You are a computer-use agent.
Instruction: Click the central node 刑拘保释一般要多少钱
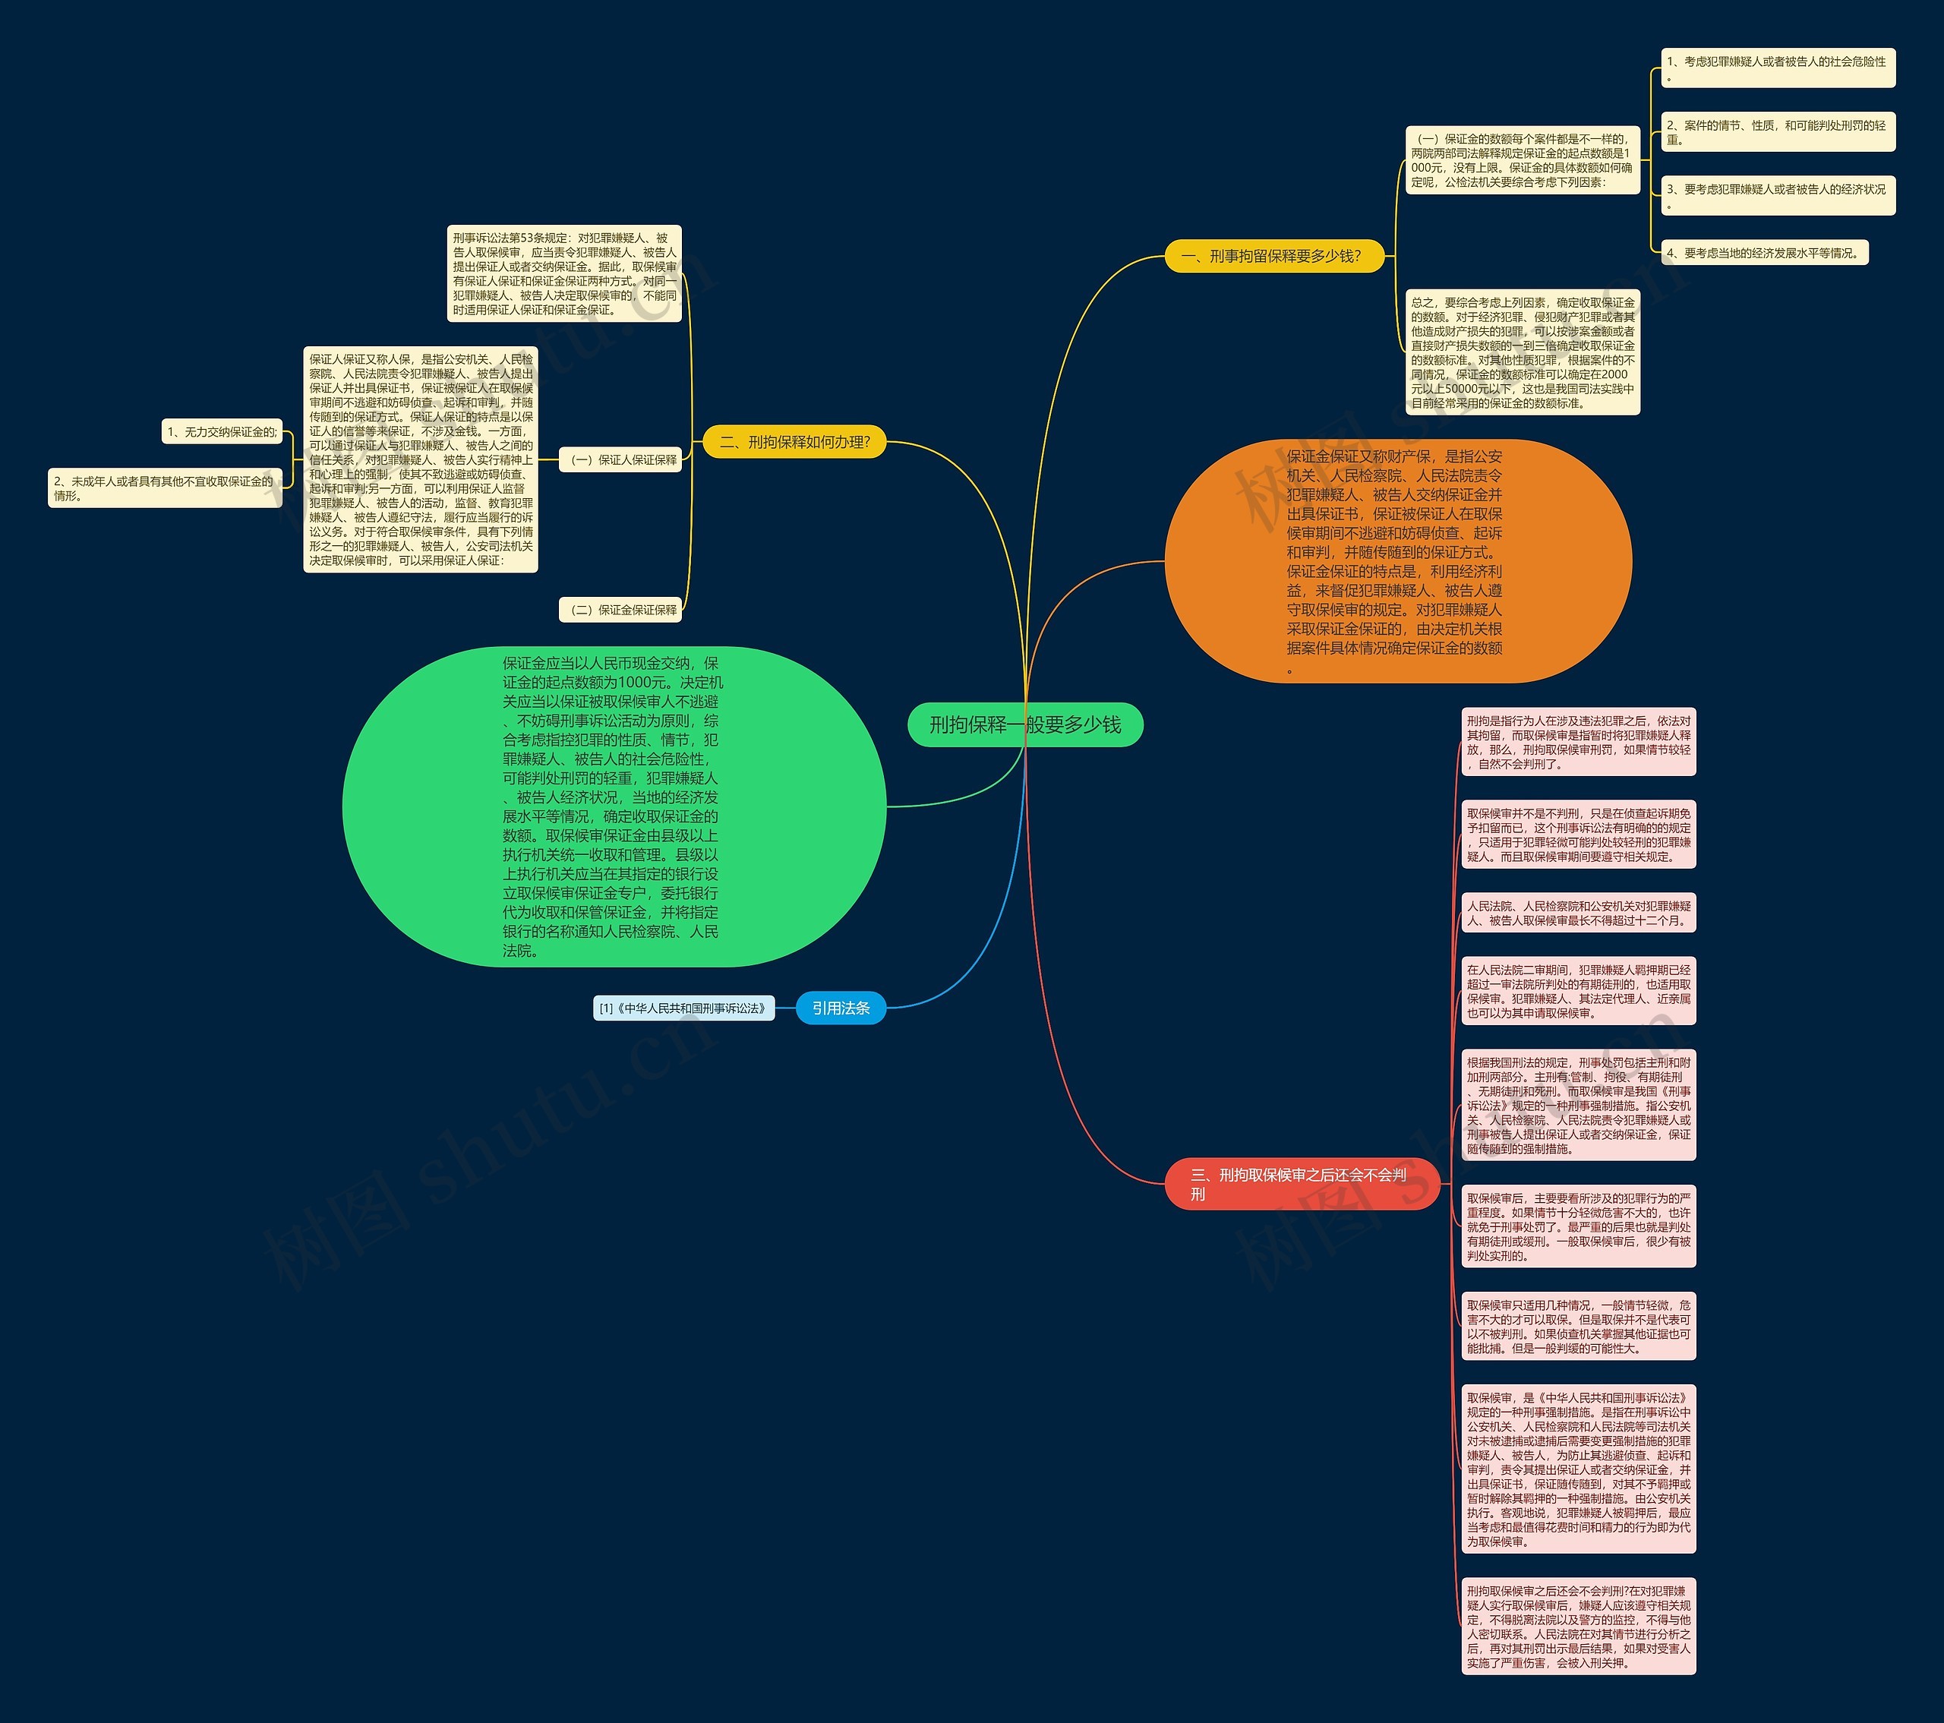tap(1024, 724)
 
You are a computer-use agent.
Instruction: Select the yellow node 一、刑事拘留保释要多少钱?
tap(1273, 256)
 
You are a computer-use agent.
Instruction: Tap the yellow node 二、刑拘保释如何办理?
tap(794, 441)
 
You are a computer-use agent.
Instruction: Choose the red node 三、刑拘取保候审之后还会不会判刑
tap(1301, 1184)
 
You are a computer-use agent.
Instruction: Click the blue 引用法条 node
tap(841, 1008)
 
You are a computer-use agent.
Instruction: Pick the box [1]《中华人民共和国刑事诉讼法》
tap(683, 1008)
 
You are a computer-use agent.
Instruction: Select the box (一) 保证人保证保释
tap(620, 459)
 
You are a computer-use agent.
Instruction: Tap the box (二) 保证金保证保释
tap(620, 610)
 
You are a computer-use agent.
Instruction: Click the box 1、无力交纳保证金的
tap(222, 432)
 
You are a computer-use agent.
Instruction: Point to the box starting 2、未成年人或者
tap(165, 488)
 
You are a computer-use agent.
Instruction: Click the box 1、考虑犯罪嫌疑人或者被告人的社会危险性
tap(1778, 68)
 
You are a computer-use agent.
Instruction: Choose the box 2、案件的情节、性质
tap(1778, 131)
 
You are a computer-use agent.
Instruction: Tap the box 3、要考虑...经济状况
tap(1778, 195)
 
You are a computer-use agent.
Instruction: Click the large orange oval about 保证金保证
tap(1397, 561)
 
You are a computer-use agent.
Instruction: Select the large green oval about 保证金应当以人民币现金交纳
tap(614, 806)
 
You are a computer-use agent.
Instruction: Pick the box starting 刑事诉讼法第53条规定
tap(565, 273)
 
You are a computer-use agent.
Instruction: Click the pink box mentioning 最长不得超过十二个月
tap(1578, 913)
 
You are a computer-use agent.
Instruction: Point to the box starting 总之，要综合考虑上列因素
tap(1523, 352)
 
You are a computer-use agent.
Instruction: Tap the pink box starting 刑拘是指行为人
tap(1578, 742)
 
